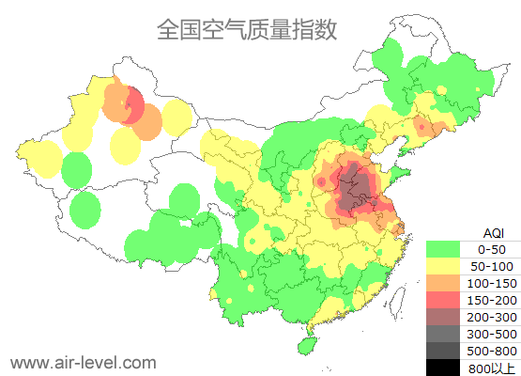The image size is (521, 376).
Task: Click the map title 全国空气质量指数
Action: [247, 29]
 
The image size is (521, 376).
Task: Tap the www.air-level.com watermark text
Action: [83, 362]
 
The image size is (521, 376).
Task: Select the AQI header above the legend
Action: [491, 232]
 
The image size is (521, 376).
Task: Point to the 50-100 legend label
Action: [491, 267]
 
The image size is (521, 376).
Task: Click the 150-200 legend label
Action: [491, 300]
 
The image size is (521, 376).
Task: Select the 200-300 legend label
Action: [491, 317]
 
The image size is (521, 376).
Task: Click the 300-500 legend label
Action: [491, 334]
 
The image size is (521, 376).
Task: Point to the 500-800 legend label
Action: [491, 351]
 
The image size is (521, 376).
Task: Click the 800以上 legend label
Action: [491, 368]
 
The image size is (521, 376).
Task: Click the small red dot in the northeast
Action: [421, 126]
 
